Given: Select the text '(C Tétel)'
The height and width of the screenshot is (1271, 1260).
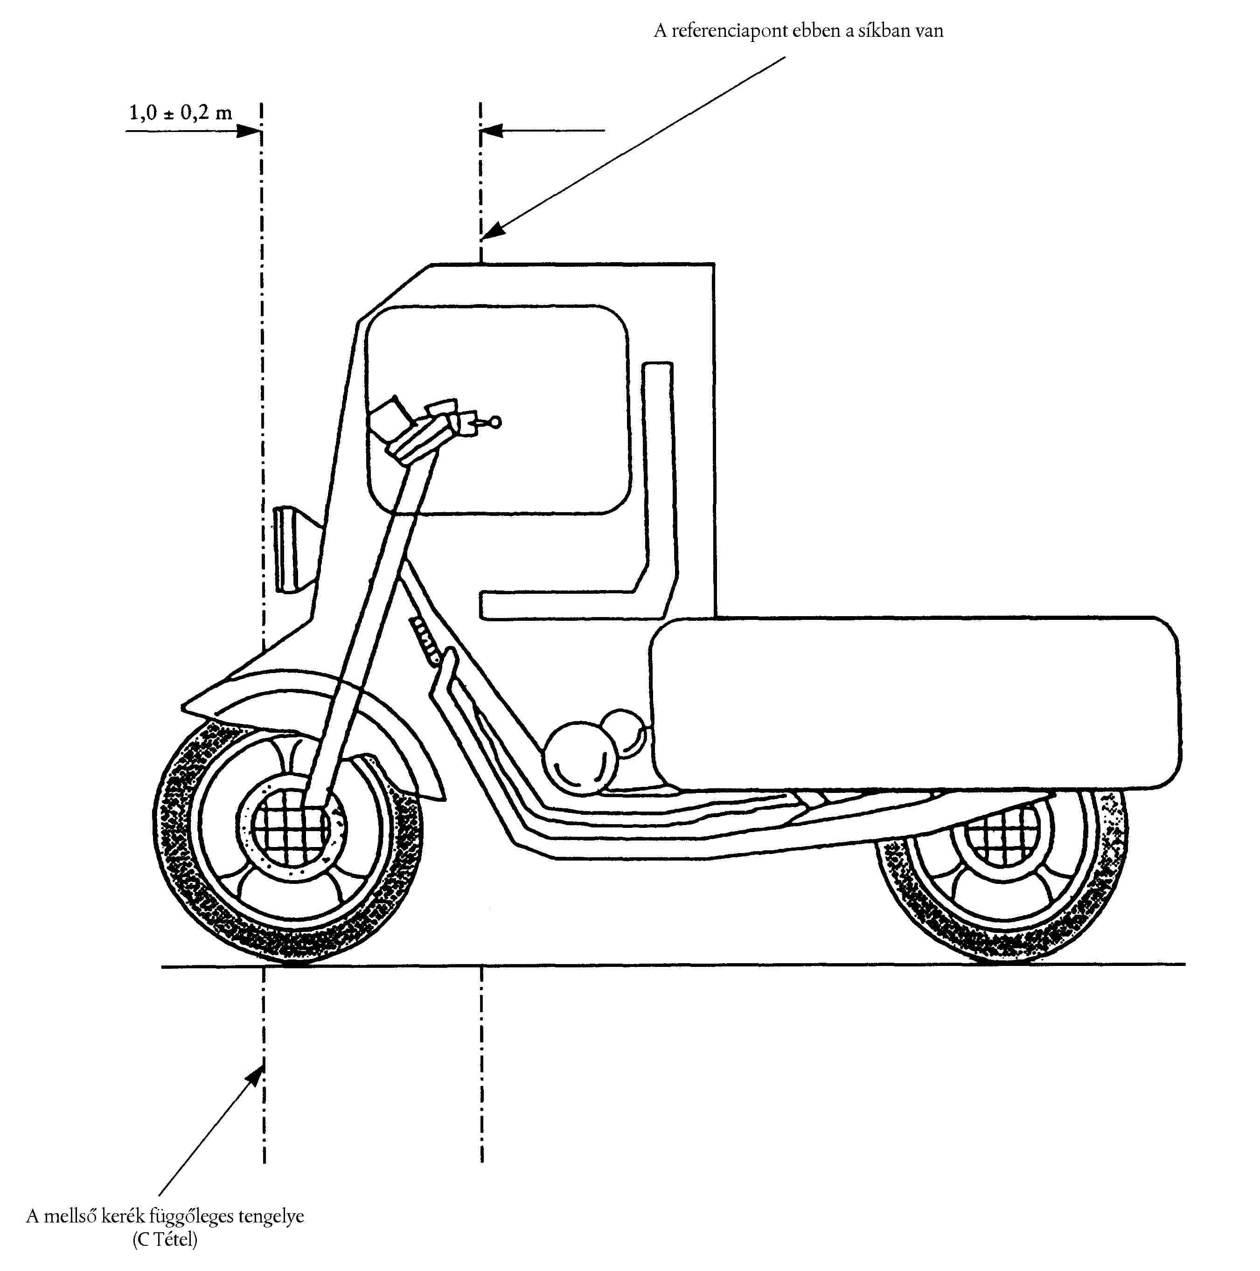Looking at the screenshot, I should [165, 1239].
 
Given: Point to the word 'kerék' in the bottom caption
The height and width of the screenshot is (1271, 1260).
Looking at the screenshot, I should [122, 1216].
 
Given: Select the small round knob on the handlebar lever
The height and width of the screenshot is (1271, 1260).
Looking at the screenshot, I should [495, 422].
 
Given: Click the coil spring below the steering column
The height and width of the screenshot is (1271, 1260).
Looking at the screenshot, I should [425, 638].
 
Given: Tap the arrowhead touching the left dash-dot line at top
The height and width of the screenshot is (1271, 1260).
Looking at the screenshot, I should [250, 131].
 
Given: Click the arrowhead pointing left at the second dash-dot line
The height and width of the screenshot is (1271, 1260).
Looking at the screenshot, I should [492, 131].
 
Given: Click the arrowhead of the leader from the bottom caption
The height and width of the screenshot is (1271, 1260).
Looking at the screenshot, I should [254, 1077].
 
